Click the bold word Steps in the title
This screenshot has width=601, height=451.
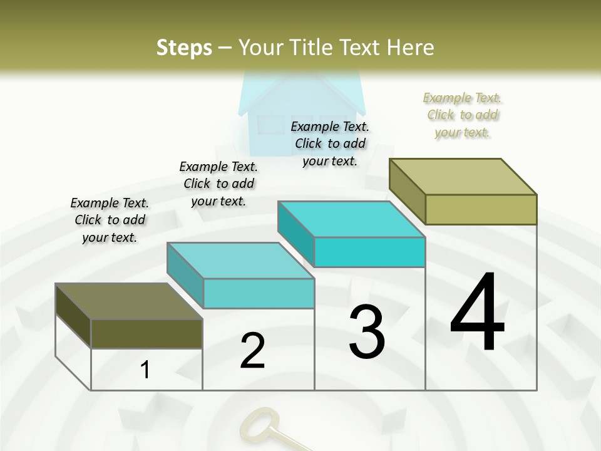(184, 48)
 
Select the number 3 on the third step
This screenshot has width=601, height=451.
(366, 332)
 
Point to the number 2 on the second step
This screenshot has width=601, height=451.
(253, 351)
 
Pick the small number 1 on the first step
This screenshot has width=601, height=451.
(145, 370)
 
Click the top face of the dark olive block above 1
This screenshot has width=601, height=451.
(129, 301)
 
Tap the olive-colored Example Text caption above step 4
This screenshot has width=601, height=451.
(463, 115)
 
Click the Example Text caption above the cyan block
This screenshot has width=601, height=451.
(330, 143)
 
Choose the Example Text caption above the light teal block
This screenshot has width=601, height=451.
(218, 184)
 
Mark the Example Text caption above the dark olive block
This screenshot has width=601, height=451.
(110, 220)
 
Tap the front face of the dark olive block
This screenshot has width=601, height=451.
(146, 333)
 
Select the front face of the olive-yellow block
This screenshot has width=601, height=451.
(481, 209)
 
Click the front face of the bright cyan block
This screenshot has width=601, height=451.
(369, 252)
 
